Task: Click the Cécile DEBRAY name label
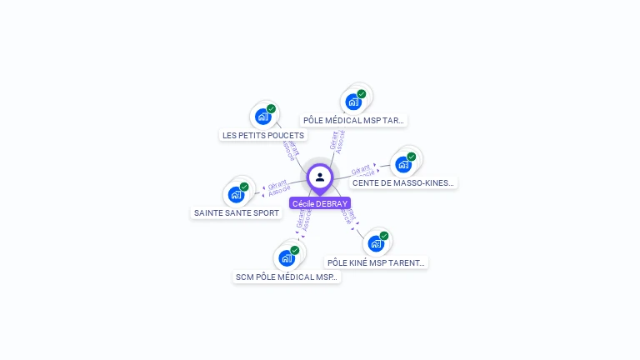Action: (320, 203)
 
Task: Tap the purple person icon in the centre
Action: (320, 177)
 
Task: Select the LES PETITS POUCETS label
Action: (263, 135)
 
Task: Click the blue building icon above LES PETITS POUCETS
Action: (262, 117)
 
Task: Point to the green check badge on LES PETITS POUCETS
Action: (271, 108)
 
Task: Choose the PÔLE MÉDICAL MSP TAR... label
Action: (353, 120)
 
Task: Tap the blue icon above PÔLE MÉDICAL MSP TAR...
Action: (353, 102)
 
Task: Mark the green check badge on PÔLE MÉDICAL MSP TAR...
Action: (362, 94)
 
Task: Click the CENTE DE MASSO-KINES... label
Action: (404, 182)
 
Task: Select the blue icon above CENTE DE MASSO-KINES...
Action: (403, 164)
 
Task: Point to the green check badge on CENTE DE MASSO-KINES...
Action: (412, 157)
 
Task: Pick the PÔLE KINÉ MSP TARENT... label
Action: (376, 262)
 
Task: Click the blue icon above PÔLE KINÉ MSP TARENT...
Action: (376, 243)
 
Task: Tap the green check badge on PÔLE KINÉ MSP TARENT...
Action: (384, 236)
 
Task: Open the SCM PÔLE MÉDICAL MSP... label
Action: (287, 277)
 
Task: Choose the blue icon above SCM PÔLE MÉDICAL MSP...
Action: (287, 258)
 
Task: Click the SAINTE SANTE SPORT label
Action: (237, 213)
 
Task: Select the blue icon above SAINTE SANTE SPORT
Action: (236, 195)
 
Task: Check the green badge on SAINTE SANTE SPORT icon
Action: (244, 187)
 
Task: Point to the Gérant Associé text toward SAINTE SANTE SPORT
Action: (278, 187)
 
